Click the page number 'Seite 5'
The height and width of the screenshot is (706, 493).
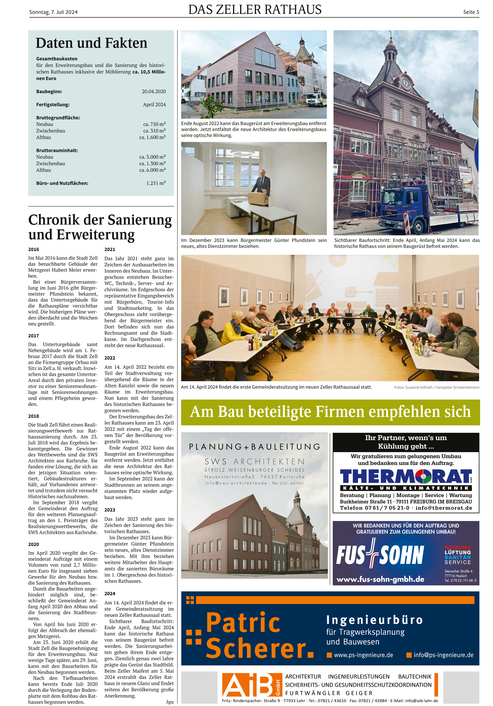click(471, 12)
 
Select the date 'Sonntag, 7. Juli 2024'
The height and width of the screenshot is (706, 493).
click(53, 12)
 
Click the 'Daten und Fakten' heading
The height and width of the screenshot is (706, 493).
click(92, 43)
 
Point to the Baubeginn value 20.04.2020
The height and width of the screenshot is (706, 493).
click(154, 91)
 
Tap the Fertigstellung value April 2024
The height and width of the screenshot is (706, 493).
click(154, 105)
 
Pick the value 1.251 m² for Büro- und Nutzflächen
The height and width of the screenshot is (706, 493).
click(156, 183)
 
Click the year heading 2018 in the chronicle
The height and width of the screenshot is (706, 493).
click(34, 416)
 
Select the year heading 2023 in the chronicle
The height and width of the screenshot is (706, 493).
click(110, 510)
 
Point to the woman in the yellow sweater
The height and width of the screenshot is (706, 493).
click(237, 328)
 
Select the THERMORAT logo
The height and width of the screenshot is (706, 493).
click(405, 477)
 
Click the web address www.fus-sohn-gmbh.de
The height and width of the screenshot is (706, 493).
click(380, 579)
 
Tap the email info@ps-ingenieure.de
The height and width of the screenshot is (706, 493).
click(443, 655)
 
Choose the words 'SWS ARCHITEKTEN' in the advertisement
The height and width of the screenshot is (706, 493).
click(254, 462)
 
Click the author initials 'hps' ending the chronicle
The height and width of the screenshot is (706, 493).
click(170, 702)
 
